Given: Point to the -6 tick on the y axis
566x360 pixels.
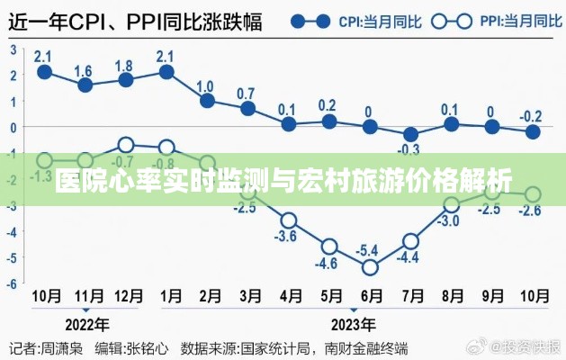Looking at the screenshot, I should click(x=13, y=283).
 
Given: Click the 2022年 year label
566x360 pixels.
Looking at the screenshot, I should click(x=85, y=324).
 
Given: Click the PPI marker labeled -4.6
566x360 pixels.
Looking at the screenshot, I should click(x=329, y=246).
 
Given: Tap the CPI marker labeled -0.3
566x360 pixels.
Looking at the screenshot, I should click(x=411, y=134).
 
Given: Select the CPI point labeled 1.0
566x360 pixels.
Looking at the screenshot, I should click(x=208, y=101).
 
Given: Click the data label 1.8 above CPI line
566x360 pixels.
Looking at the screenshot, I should click(x=125, y=66).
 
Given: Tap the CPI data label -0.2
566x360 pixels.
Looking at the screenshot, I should click(x=532, y=115).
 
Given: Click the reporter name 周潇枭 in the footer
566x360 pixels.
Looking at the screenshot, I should click(x=64, y=346).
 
